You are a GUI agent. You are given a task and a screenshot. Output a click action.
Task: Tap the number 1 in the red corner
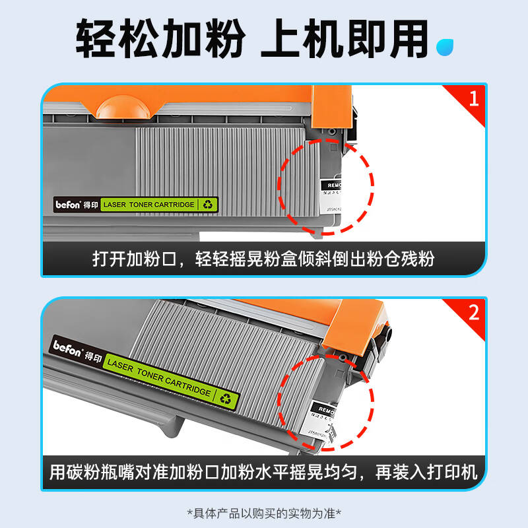473,99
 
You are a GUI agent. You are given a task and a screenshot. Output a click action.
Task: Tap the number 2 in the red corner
473,312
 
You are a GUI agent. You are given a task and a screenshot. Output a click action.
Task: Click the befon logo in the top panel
67,205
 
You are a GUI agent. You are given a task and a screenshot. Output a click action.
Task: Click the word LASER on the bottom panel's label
121,366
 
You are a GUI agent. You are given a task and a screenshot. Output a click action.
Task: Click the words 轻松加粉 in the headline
159,40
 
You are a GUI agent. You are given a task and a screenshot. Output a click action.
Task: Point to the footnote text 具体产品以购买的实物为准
264,513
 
